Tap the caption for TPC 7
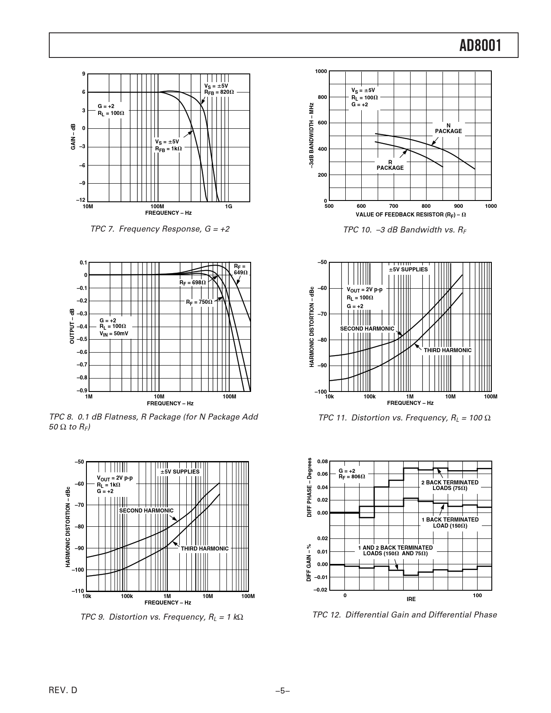(160, 229)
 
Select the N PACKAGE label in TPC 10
(448, 128)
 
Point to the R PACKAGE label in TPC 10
(390, 165)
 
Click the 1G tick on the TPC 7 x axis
(229, 207)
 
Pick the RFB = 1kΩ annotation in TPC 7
(169, 148)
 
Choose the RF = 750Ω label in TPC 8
(199, 302)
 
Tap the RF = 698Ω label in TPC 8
(193, 283)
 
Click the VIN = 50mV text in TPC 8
(114, 334)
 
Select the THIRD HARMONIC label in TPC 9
(204, 549)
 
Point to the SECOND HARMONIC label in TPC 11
(367, 328)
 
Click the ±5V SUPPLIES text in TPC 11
(408, 269)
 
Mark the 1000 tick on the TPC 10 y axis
(321, 71)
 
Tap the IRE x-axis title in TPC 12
(411, 599)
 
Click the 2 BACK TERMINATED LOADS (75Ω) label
(450, 485)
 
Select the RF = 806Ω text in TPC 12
(352, 477)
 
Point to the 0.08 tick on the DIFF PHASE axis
(322, 462)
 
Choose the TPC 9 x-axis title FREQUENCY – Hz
(168, 602)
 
